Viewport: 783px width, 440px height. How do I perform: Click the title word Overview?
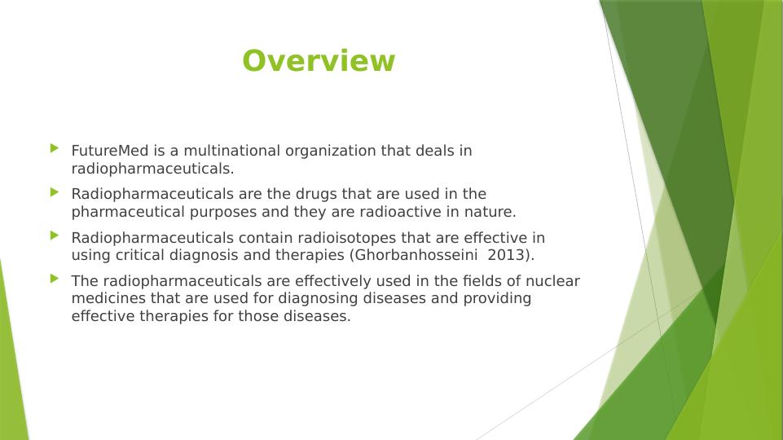click(x=319, y=60)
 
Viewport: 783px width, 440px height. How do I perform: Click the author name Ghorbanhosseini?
click(x=416, y=255)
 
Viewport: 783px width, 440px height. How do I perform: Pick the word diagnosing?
click(x=318, y=299)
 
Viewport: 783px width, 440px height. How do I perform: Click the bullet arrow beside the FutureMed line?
click(x=55, y=148)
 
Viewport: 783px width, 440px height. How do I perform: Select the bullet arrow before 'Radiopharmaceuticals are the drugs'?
click(x=55, y=192)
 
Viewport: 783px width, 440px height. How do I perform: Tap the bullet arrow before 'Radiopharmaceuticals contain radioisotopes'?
click(x=55, y=235)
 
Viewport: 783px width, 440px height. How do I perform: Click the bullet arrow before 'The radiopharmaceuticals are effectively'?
click(x=55, y=279)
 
